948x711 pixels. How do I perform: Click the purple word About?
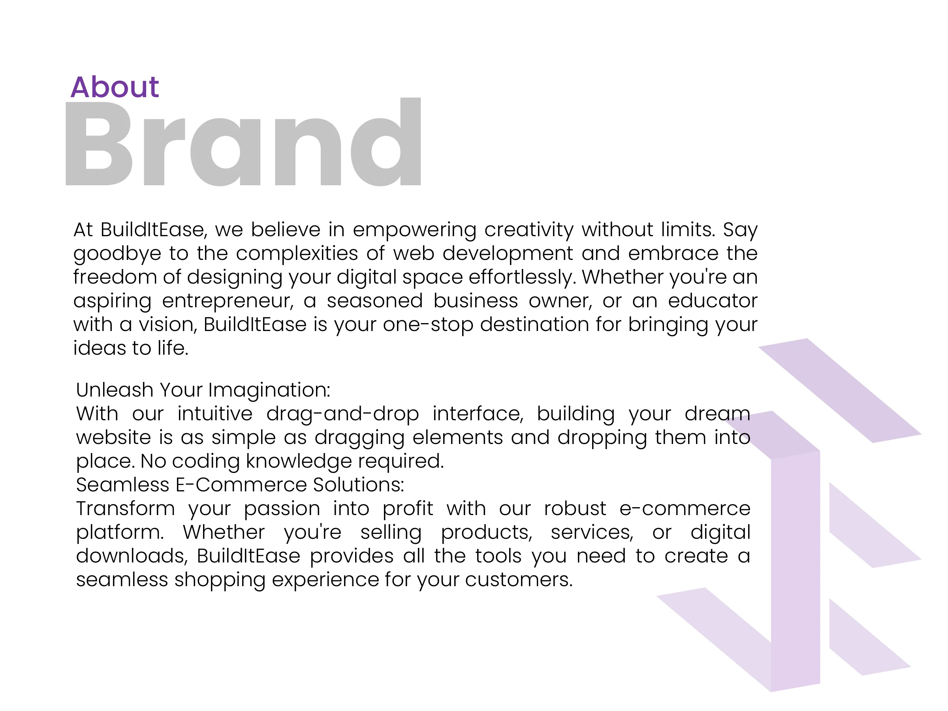point(115,87)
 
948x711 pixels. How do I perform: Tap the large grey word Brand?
point(243,142)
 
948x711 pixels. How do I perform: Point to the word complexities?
point(297,253)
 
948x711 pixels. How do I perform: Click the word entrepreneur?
point(228,301)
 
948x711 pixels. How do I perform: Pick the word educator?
point(713,301)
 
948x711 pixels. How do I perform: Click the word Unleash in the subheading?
point(115,389)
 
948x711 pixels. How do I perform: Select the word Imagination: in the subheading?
point(269,390)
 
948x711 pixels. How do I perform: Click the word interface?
point(478,414)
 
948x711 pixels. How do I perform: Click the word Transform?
point(126,509)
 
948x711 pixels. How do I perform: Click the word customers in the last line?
point(519,580)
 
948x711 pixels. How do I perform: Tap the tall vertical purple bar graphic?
point(796,570)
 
